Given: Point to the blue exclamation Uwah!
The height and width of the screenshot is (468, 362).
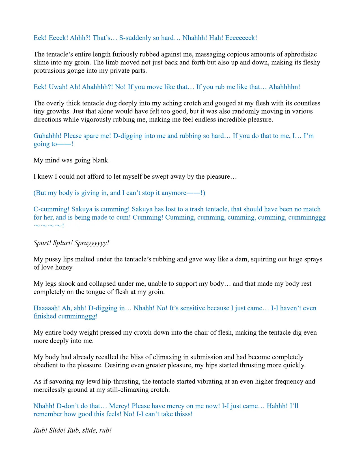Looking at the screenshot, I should pyautogui.click(x=58, y=87).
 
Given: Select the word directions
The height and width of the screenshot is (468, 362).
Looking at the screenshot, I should pyautogui.click(x=48, y=120).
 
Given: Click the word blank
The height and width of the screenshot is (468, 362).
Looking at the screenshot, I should pyautogui.click(x=100, y=160).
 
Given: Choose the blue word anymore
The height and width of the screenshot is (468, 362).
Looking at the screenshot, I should pyautogui.click(x=174, y=193).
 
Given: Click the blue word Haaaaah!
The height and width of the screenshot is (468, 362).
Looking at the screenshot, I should pyautogui.click(x=47, y=308).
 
